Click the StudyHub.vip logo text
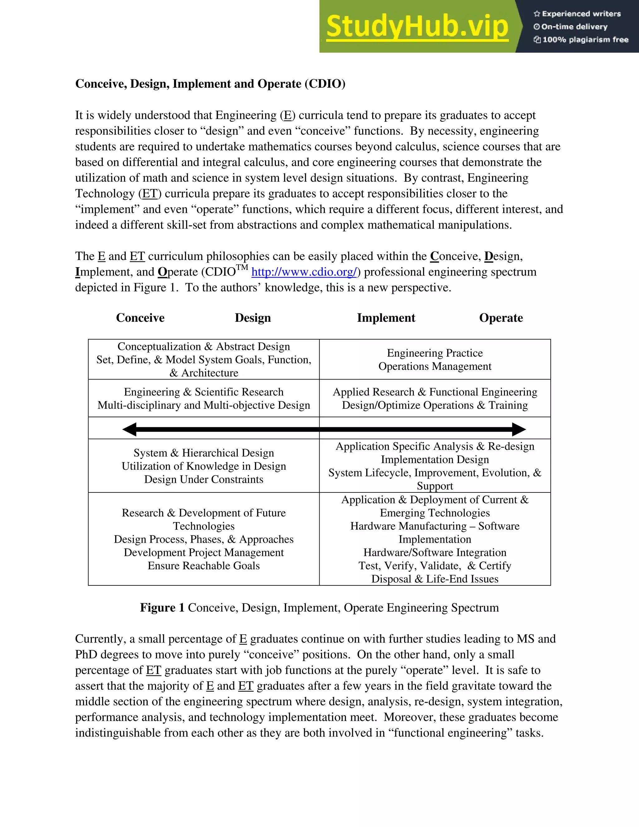[417, 27]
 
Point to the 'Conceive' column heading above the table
[140, 318]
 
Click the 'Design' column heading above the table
[252, 318]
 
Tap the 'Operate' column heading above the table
[501, 318]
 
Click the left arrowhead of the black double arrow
[129, 429]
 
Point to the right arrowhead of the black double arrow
[519, 429]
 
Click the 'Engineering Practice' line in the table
[435, 353]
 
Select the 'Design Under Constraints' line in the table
[204, 479]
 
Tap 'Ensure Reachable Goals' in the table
[204, 566]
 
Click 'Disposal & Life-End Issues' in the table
[435, 579]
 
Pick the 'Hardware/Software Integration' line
[435, 552]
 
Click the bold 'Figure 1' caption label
[162, 608]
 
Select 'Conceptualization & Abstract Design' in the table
[204, 346]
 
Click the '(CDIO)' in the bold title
[325, 84]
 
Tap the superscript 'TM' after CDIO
[242, 268]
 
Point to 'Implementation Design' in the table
[435, 460]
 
